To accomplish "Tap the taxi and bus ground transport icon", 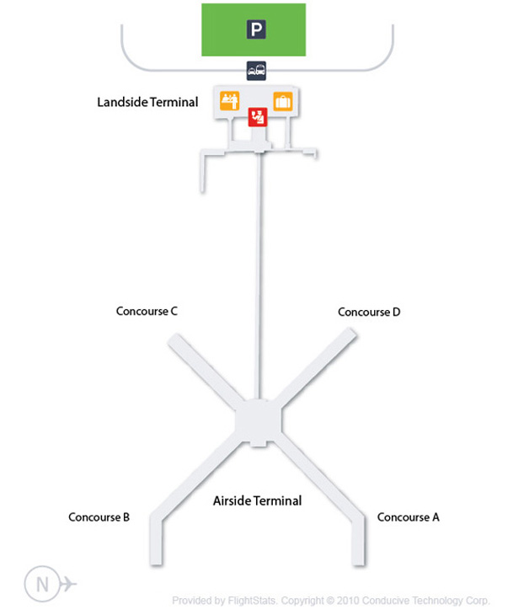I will click(x=256, y=72).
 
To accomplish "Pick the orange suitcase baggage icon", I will click(x=282, y=101).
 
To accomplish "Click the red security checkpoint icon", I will click(x=257, y=117).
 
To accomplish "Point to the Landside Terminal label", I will click(x=147, y=103).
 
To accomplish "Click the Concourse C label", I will click(x=147, y=311).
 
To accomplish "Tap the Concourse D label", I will click(x=369, y=312).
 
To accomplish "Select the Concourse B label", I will click(x=99, y=517).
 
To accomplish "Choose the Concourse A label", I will click(x=409, y=517).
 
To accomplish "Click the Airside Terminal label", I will click(x=257, y=500).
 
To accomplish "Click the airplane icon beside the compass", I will click(x=67, y=584).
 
